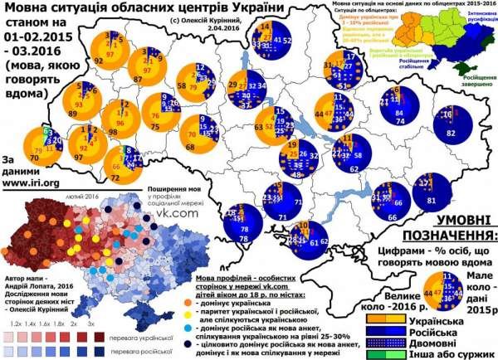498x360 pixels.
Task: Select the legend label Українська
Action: point(459,320)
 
